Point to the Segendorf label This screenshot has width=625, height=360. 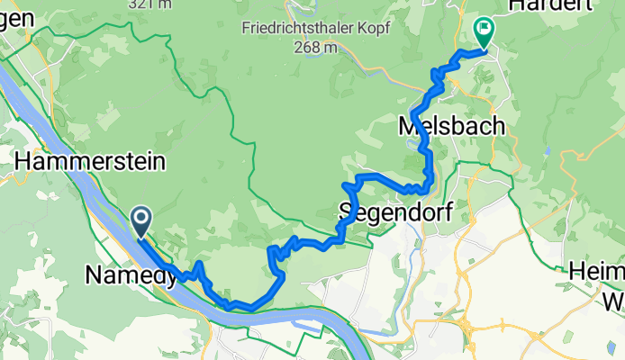coord(393,211)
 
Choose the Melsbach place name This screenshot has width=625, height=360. coord(450,128)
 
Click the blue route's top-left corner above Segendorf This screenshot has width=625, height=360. coord(347,184)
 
